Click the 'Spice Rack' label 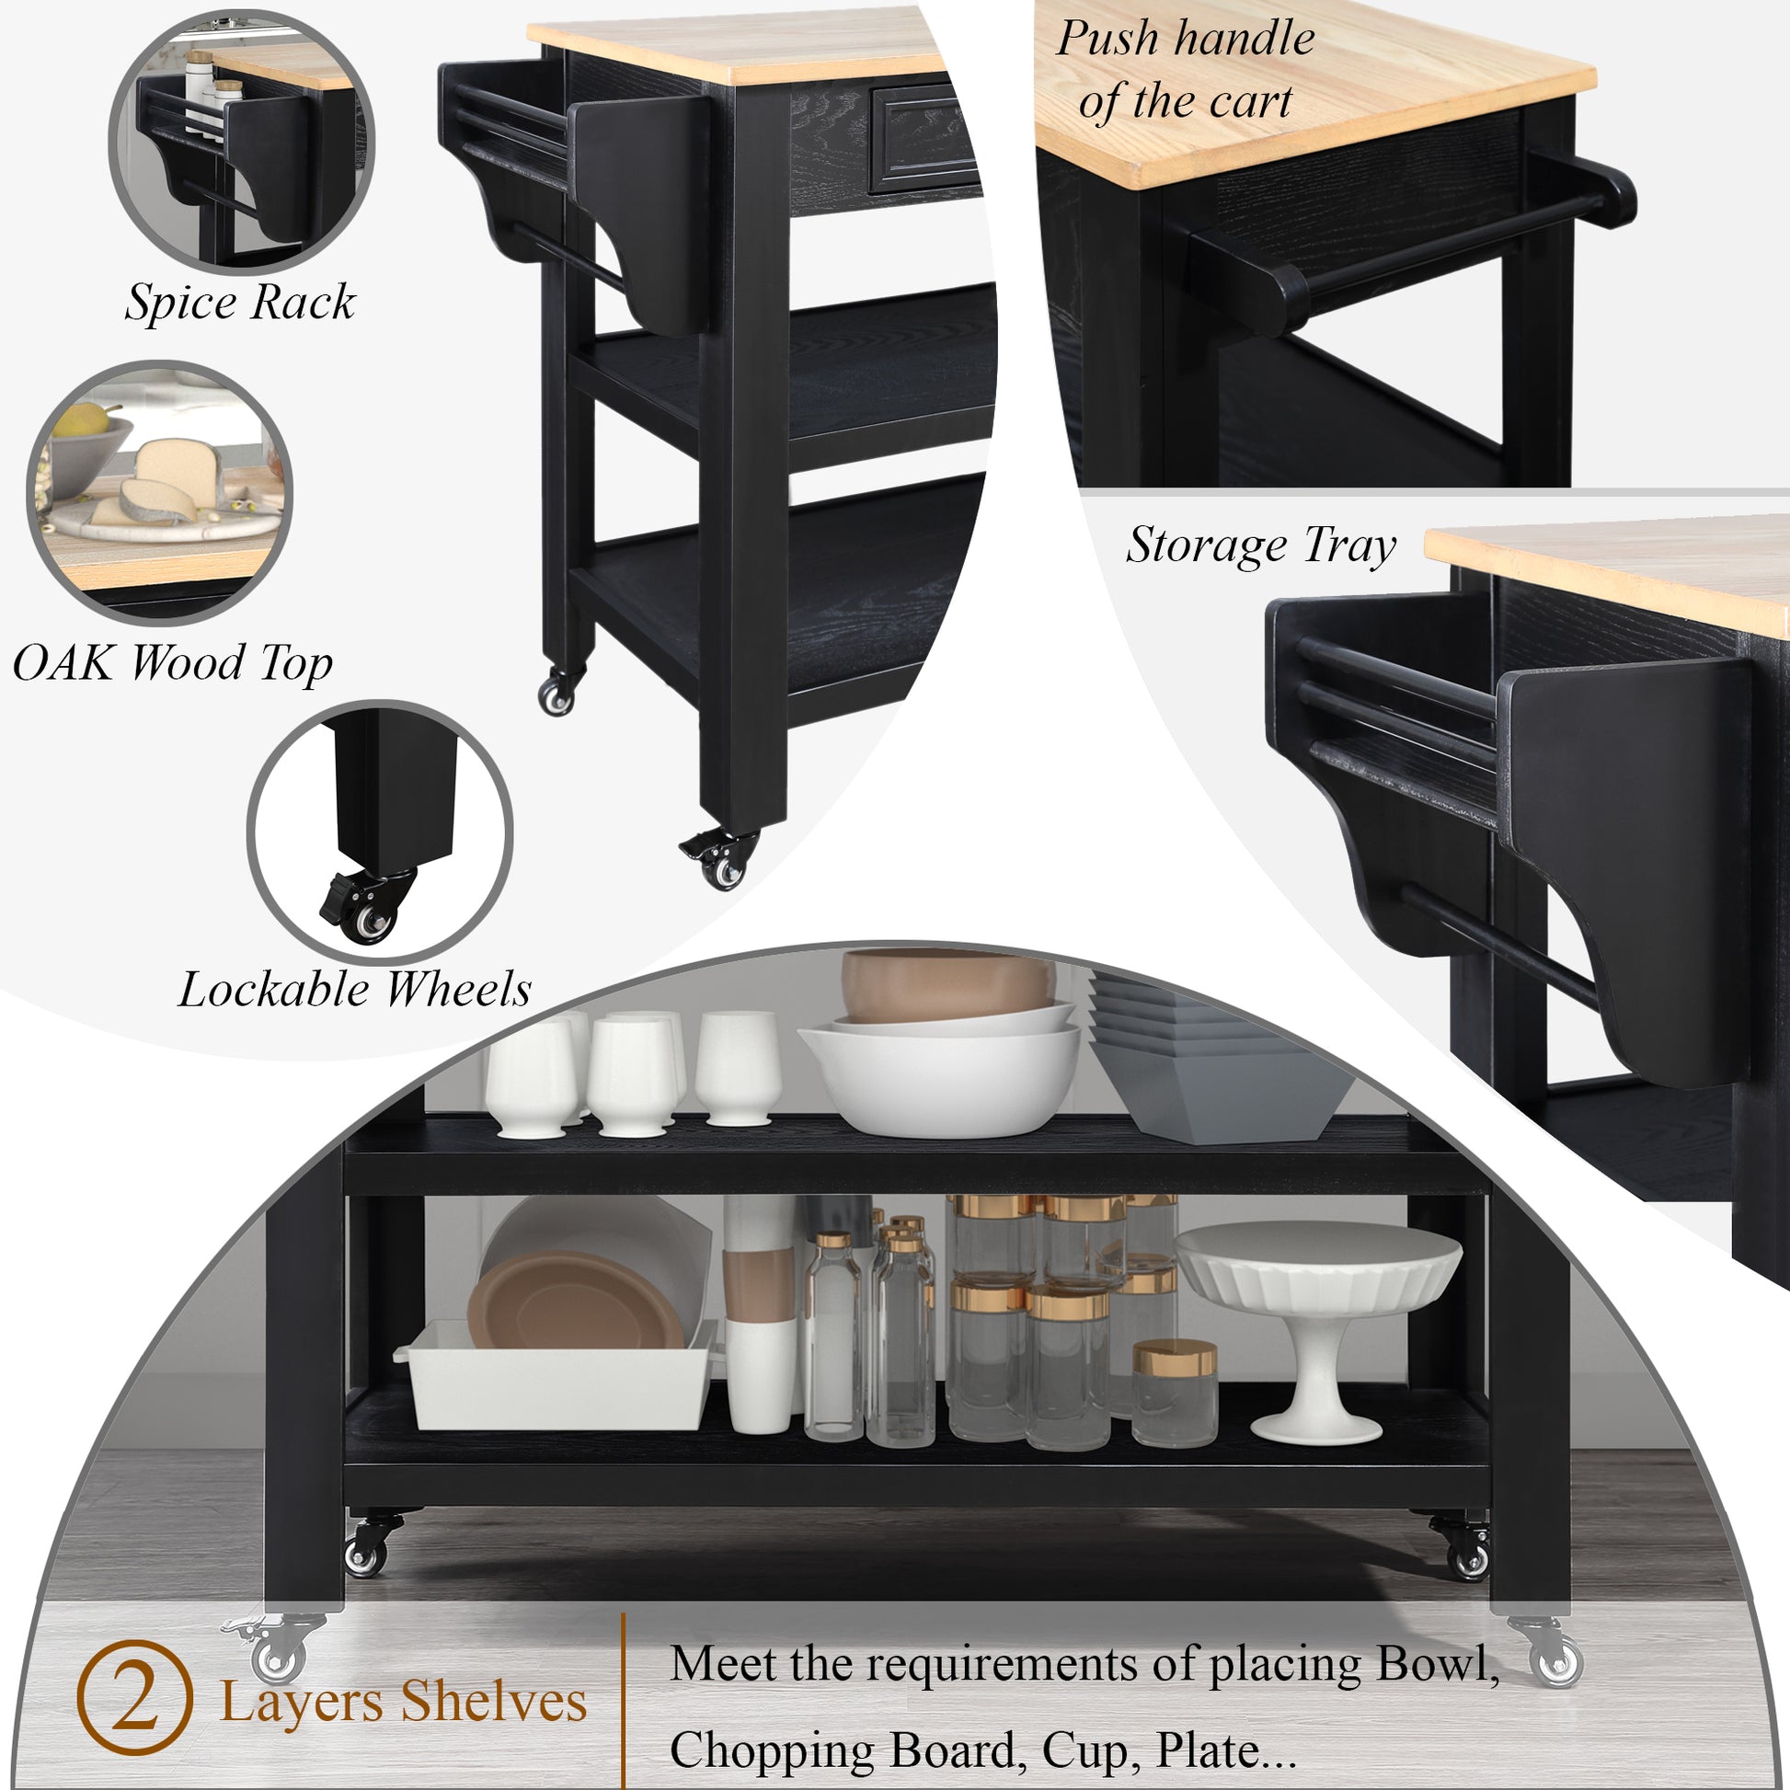(x=241, y=303)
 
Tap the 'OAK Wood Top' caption (x=172, y=663)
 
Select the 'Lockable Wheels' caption (x=355, y=990)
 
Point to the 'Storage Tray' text (x=1261, y=545)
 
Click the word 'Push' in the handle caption (x=1108, y=39)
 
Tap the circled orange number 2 (x=135, y=1697)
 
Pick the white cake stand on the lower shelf (x=1318, y=1332)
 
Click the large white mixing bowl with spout (x=938, y=1074)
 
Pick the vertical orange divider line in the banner (x=624, y=1700)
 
